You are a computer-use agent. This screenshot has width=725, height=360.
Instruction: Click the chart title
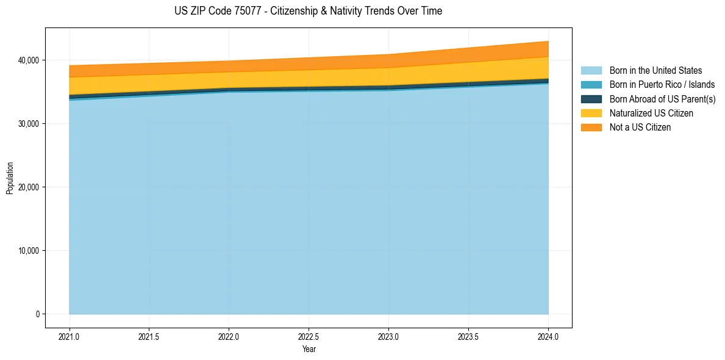(x=308, y=11)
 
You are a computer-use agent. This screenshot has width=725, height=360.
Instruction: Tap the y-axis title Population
(x=10, y=178)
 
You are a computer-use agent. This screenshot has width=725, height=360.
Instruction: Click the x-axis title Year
(x=309, y=349)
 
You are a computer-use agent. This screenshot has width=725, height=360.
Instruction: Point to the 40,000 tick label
(x=28, y=60)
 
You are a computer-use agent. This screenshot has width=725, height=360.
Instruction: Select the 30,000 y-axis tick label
(x=28, y=124)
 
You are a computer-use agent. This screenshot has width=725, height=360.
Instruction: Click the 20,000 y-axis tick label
(x=28, y=187)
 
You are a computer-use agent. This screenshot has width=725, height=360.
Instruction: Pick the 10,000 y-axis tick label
(x=28, y=251)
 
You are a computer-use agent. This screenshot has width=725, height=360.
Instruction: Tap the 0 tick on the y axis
(x=37, y=314)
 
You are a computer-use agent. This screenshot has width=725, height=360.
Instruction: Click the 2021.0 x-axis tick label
(x=70, y=336)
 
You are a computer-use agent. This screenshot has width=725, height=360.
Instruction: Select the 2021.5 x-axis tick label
(x=149, y=336)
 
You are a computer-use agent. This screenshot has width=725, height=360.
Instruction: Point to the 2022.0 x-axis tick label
(x=229, y=336)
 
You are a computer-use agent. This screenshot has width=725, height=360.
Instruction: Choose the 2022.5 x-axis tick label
(x=309, y=336)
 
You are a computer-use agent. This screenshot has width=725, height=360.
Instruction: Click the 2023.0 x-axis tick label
(x=388, y=336)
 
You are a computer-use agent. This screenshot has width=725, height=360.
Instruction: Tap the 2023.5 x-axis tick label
(x=468, y=336)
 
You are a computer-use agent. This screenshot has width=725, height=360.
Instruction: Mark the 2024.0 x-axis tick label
(x=548, y=336)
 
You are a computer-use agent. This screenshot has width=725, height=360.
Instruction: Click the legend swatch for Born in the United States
(x=591, y=71)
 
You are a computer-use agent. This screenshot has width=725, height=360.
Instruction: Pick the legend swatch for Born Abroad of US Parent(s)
(x=591, y=99)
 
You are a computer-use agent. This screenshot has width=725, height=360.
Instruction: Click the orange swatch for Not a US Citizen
(x=591, y=127)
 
